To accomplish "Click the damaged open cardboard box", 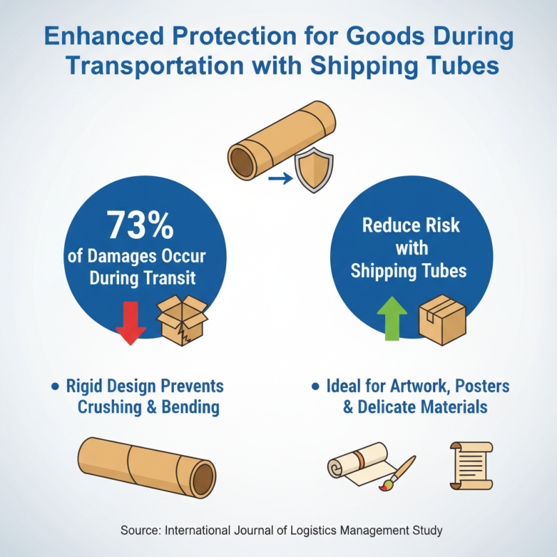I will pos(182,318).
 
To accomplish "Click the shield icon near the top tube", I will pos(314,170).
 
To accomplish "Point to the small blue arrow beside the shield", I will pos(279,179).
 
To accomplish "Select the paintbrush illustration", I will pos(398,473).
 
